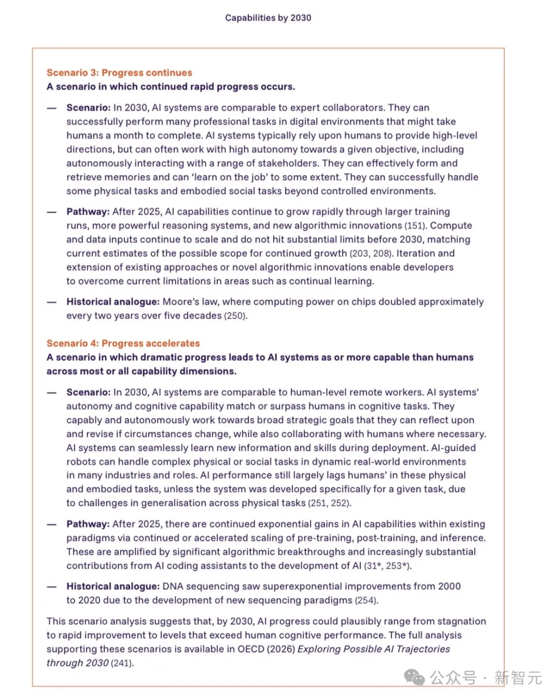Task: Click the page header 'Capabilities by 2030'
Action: tap(268, 18)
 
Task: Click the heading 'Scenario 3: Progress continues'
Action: tap(119, 73)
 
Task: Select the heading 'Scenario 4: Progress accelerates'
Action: tap(123, 344)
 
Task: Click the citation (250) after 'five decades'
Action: tap(235, 316)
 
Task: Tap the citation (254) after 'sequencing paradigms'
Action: tap(367, 600)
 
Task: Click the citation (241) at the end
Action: tap(122, 663)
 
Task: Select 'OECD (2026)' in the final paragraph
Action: tap(266, 649)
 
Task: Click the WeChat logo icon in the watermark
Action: tap(415, 678)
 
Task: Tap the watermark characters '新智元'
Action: tap(517, 678)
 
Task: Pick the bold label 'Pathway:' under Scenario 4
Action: tap(88, 524)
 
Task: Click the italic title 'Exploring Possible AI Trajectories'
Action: tap(373, 649)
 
